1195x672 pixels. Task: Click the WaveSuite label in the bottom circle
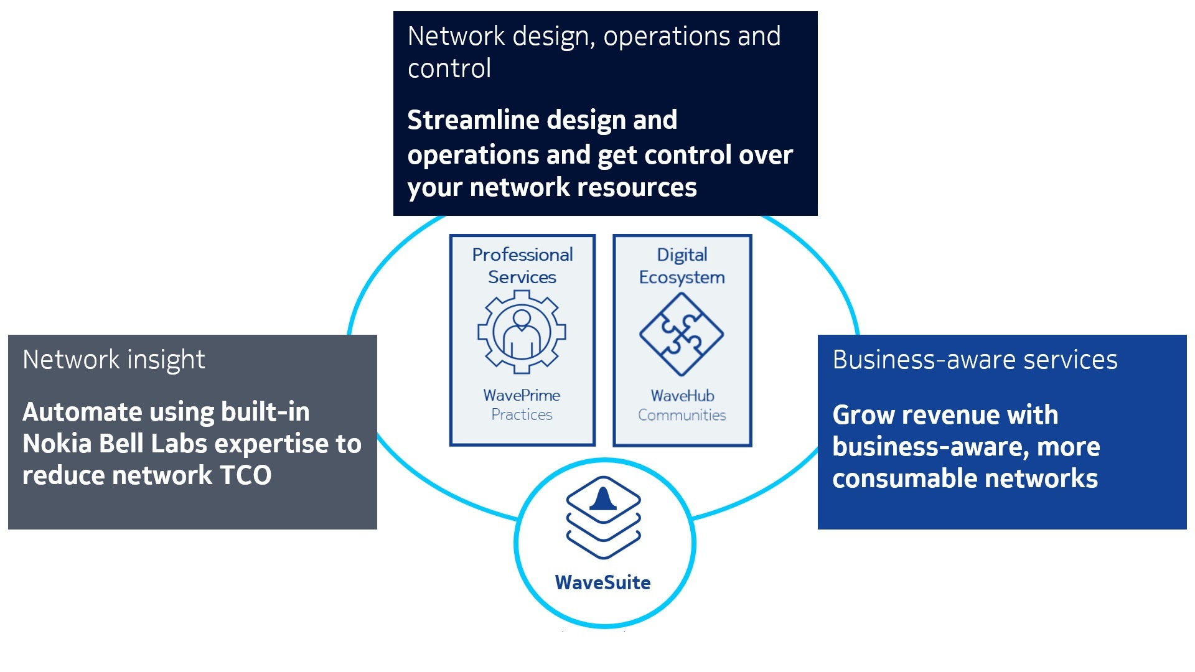(x=602, y=582)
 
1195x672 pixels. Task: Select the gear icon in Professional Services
(x=522, y=332)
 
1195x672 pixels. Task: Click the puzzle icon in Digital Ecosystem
(x=682, y=334)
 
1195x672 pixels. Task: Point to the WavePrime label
(x=522, y=395)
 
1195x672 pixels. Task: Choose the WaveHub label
(x=682, y=396)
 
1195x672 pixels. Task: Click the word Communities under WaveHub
(x=682, y=415)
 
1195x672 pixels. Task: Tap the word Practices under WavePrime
(x=522, y=414)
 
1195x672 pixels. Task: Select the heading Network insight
(x=114, y=360)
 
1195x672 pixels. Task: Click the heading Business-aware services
(x=975, y=360)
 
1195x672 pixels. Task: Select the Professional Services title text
(x=522, y=266)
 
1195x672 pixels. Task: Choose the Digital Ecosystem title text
(x=682, y=266)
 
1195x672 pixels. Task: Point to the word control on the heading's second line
(x=449, y=68)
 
